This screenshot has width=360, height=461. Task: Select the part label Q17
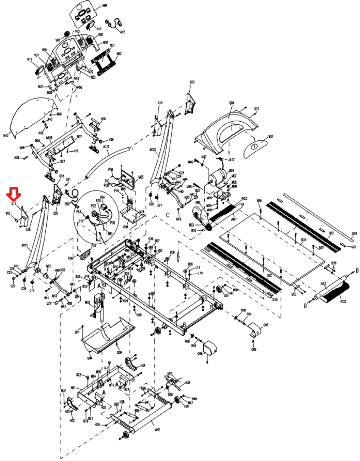click(14, 204)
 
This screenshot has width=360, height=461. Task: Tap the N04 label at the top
click(105, 6)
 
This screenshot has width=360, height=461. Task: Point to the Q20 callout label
click(192, 82)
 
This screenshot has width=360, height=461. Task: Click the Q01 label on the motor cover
click(232, 103)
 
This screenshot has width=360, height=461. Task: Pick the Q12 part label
click(257, 109)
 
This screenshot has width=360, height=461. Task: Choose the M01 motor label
click(231, 170)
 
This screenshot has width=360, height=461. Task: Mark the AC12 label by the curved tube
click(106, 147)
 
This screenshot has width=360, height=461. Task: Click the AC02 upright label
click(153, 150)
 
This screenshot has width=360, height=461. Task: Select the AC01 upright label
click(25, 245)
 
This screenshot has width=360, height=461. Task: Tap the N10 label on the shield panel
click(6, 135)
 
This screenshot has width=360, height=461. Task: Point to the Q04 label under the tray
click(90, 358)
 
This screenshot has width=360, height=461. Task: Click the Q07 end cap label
click(266, 325)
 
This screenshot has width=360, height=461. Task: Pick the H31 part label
click(188, 382)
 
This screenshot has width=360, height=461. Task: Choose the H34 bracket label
click(143, 365)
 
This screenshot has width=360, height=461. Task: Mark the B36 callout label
click(260, 201)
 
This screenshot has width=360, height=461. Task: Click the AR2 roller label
click(323, 284)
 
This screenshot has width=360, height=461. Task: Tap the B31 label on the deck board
click(303, 240)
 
